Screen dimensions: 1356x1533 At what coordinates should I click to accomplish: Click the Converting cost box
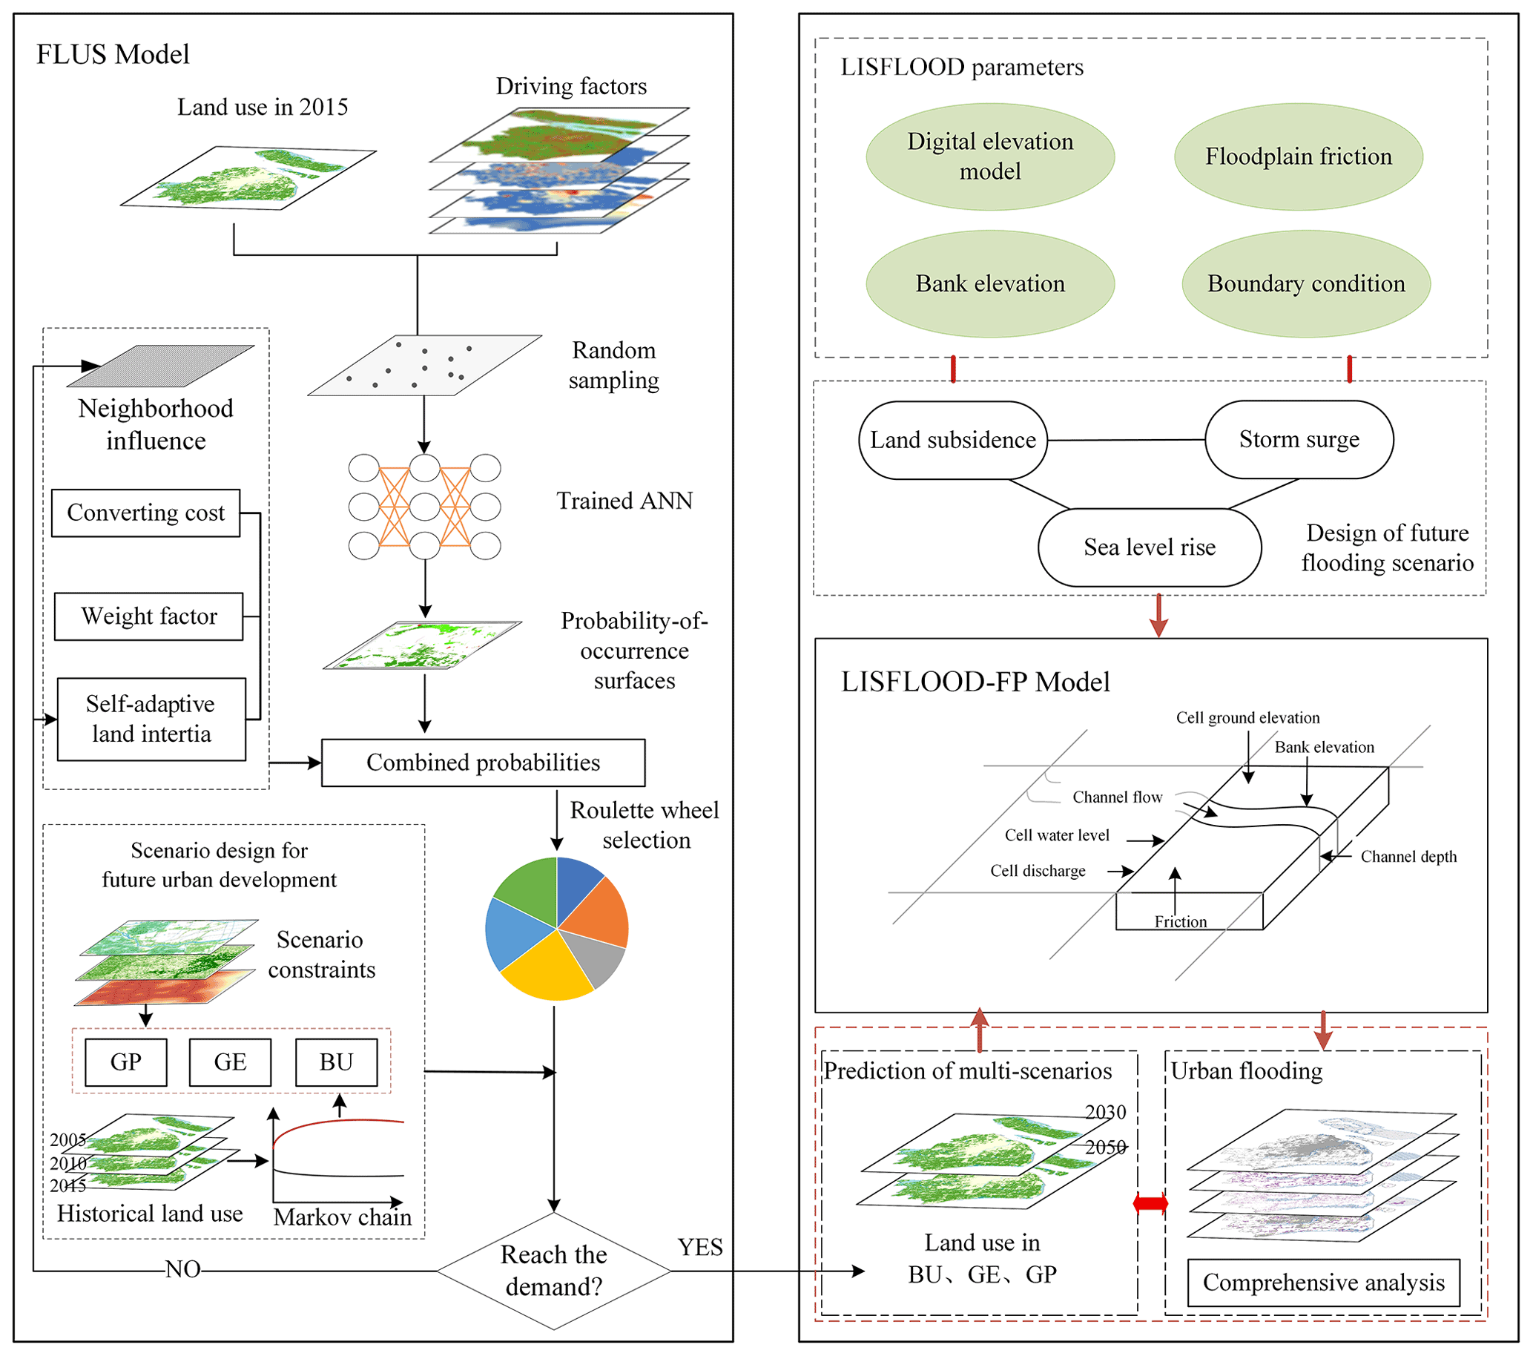tap(145, 513)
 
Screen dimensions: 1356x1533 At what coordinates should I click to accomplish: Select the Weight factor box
tap(148, 616)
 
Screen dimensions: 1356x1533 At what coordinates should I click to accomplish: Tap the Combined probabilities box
tap(483, 763)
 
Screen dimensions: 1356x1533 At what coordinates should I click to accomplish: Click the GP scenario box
tap(125, 1062)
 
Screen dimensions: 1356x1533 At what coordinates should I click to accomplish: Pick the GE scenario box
tap(229, 1062)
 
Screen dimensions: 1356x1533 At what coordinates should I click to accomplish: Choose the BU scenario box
tap(336, 1062)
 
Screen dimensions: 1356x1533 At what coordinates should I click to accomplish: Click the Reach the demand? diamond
tap(553, 1271)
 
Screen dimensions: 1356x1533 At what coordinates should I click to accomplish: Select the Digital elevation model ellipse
tap(990, 157)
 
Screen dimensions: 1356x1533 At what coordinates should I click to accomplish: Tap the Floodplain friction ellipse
tap(1298, 157)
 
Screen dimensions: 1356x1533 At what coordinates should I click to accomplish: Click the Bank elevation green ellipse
tap(990, 283)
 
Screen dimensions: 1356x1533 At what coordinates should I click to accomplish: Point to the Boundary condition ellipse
tap(1306, 283)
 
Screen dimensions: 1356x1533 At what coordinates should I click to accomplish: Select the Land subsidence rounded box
tap(952, 440)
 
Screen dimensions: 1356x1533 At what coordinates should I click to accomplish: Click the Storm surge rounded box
tap(1299, 439)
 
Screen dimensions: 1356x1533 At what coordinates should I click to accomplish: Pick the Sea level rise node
tap(1149, 547)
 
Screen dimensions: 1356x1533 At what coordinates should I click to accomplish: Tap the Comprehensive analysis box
tap(1323, 1283)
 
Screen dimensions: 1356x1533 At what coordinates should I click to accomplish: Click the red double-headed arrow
tap(1150, 1204)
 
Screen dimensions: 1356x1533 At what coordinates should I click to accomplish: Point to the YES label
tap(699, 1247)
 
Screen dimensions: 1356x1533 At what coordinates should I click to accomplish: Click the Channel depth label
tap(1408, 857)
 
